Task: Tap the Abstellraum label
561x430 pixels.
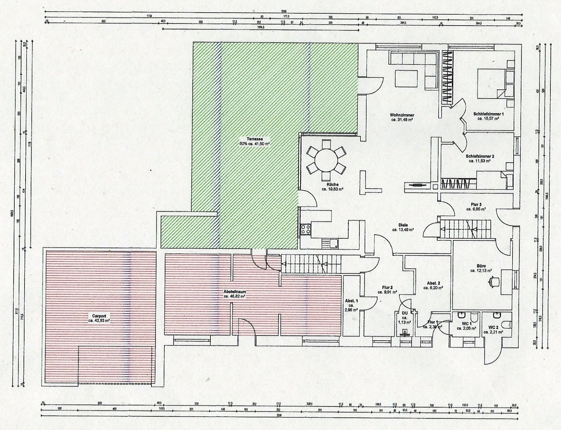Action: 234,292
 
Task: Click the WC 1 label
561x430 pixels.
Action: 466,324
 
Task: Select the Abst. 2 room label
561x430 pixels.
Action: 433,283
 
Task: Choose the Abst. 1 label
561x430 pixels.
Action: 351,300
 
